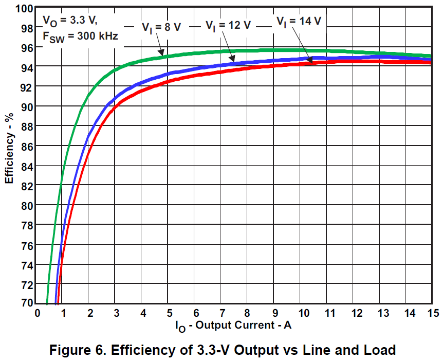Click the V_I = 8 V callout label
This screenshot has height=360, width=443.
161,27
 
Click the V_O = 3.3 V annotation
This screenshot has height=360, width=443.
69,21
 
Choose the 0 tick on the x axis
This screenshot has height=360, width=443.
37,313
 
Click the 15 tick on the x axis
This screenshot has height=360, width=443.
432,313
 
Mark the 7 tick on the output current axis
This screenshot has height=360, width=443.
221,313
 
